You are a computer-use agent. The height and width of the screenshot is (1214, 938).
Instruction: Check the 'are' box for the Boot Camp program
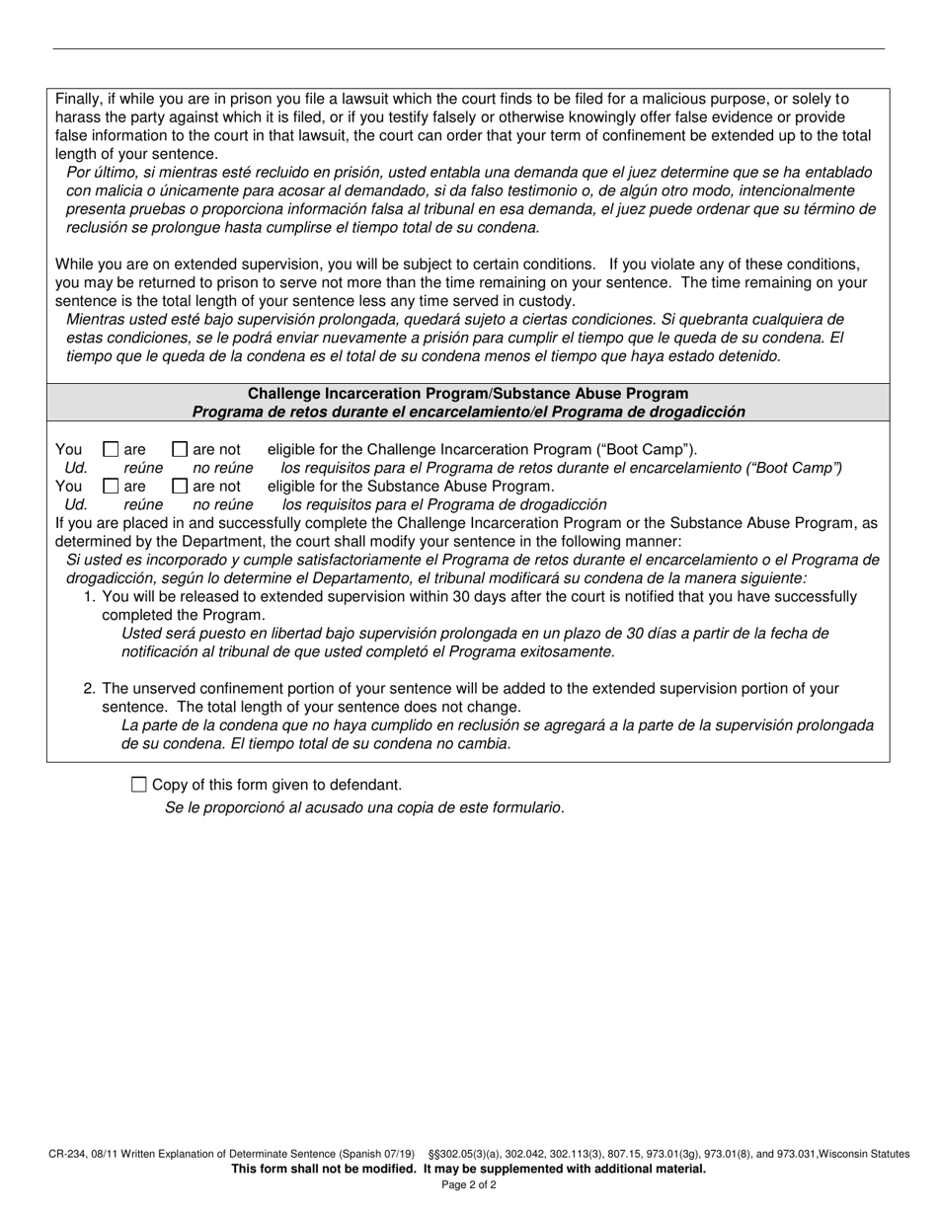(x=111, y=449)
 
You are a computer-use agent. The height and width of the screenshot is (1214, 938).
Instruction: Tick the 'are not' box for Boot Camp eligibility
(x=180, y=449)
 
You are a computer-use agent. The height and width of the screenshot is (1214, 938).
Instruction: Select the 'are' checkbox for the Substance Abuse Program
(x=111, y=486)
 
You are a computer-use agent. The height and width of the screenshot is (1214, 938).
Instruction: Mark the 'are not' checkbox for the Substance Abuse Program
(x=180, y=486)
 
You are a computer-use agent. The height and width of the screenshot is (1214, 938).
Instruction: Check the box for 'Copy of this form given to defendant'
(x=138, y=785)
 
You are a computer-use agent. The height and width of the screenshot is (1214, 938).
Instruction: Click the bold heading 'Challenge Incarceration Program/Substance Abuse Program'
(x=468, y=394)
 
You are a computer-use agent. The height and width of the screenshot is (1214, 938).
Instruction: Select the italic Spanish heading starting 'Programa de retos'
(x=468, y=412)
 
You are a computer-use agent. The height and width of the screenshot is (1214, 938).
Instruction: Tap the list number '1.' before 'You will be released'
(x=90, y=596)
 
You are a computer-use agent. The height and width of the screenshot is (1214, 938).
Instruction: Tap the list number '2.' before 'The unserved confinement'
(x=90, y=689)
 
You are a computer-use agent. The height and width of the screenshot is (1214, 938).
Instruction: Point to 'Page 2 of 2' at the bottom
(x=469, y=1184)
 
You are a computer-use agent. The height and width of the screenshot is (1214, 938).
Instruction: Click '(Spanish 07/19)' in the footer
(x=377, y=1154)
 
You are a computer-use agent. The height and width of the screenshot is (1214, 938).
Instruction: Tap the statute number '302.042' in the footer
(x=521, y=1154)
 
